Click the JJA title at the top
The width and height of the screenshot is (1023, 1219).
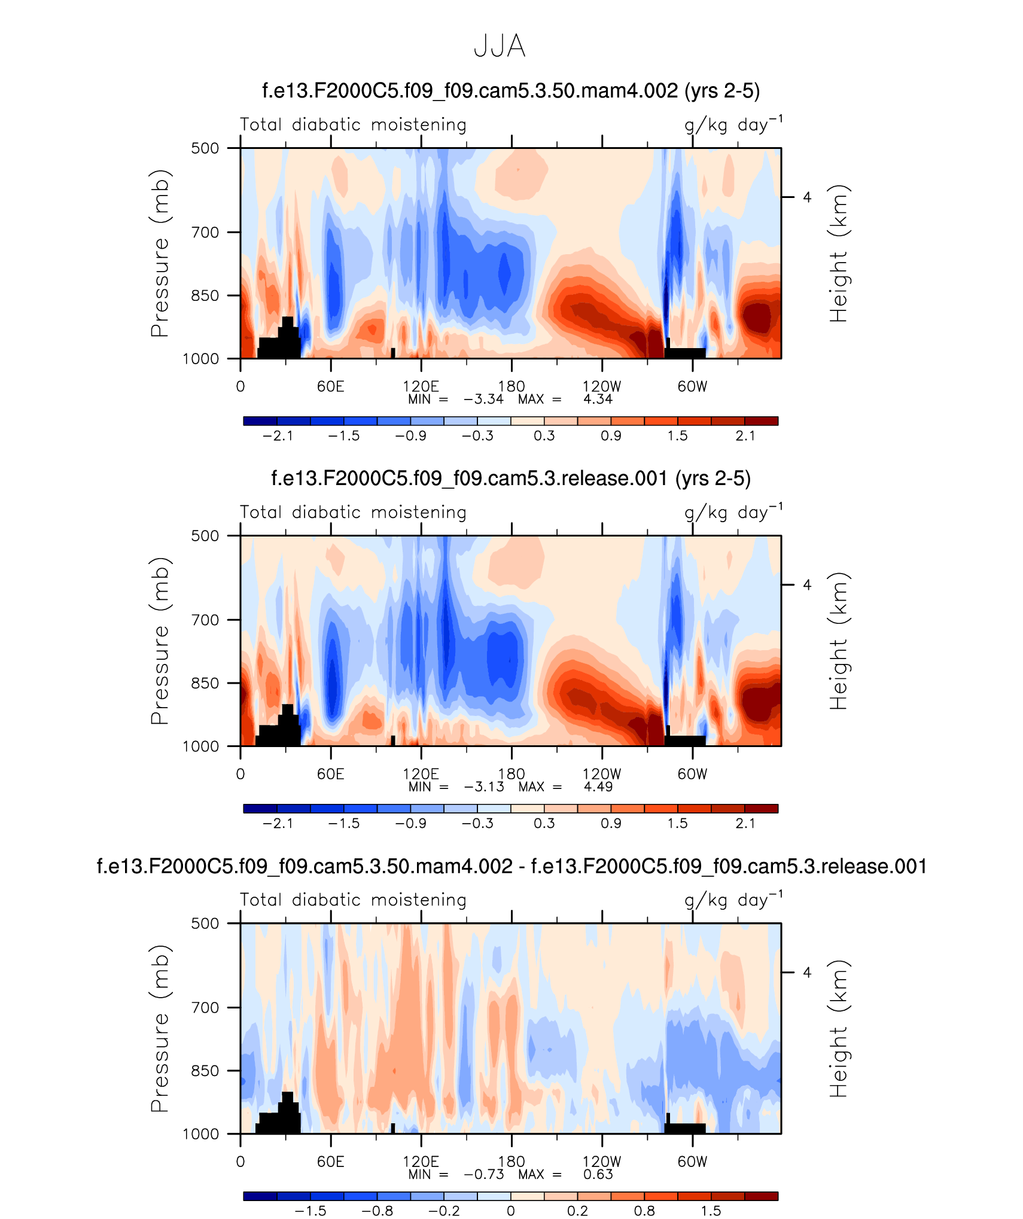click(x=500, y=47)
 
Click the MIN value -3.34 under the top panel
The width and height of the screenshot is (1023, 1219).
click(x=483, y=400)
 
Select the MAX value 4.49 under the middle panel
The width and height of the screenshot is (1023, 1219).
click(x=598, y=787)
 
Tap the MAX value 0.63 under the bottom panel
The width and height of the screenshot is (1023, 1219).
click(x=598, y=1174)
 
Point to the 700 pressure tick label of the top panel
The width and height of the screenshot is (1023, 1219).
click(x=205, y=232)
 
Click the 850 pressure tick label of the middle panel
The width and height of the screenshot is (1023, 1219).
click(x=205, y=683)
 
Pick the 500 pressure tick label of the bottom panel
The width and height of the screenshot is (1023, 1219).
click(x=205, y=923)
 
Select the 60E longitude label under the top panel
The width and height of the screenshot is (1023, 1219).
click(x=331, y=386)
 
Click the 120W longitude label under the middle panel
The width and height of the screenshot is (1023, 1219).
click(x=602, y=774)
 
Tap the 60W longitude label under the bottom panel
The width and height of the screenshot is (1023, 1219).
click(x=692, y=1162)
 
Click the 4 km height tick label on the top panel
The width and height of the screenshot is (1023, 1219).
click(x=807, y=197)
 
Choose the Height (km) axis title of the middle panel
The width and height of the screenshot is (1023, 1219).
click(x=839, y=641)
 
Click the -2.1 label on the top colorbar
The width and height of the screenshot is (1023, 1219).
click(x=278, y=436)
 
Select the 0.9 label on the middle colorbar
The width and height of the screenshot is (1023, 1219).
click(x=611, y=824)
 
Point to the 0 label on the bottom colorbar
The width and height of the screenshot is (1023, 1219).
click(x=510, y=1211)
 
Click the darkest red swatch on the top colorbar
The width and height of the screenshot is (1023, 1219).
click(x=761, y=421)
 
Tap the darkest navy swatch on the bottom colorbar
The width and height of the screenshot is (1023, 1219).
click(x=260, y=1196)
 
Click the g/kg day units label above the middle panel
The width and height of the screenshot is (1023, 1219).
click(x=733, y=513)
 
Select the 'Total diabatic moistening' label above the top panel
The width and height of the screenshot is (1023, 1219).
click(x=353, y=125)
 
